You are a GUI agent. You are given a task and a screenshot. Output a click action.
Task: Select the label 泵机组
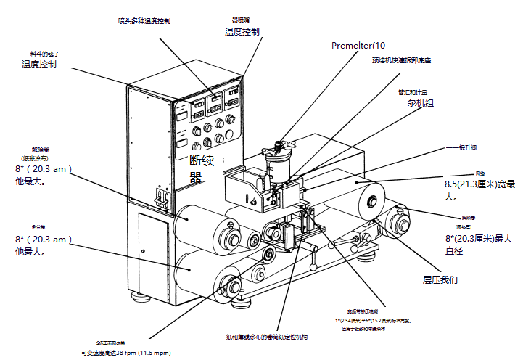(x=420, y=103)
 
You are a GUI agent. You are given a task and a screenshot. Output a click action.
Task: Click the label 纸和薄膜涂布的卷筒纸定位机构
(x=266, y=337)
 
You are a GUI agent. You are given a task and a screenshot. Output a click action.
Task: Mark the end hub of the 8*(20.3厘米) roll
(x=400, y=218)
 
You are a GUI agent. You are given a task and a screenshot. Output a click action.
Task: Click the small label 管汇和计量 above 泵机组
(x=413, y=92)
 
